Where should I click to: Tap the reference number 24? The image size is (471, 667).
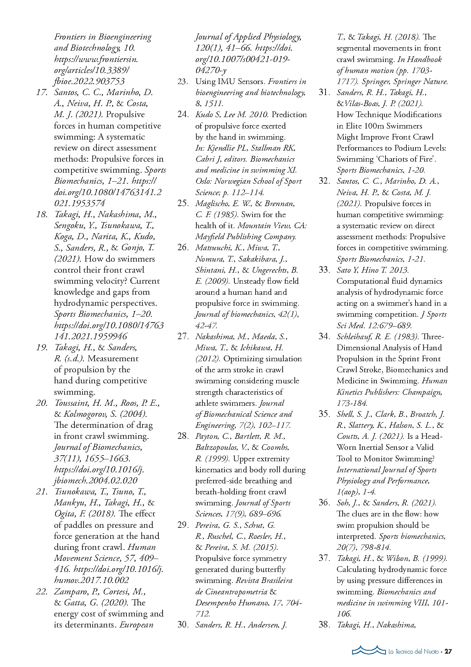point(183,114)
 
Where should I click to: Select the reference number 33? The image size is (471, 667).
point(324,270)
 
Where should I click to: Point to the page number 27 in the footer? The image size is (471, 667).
point(448,651)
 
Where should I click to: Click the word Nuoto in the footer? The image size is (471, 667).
point(431,652)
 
